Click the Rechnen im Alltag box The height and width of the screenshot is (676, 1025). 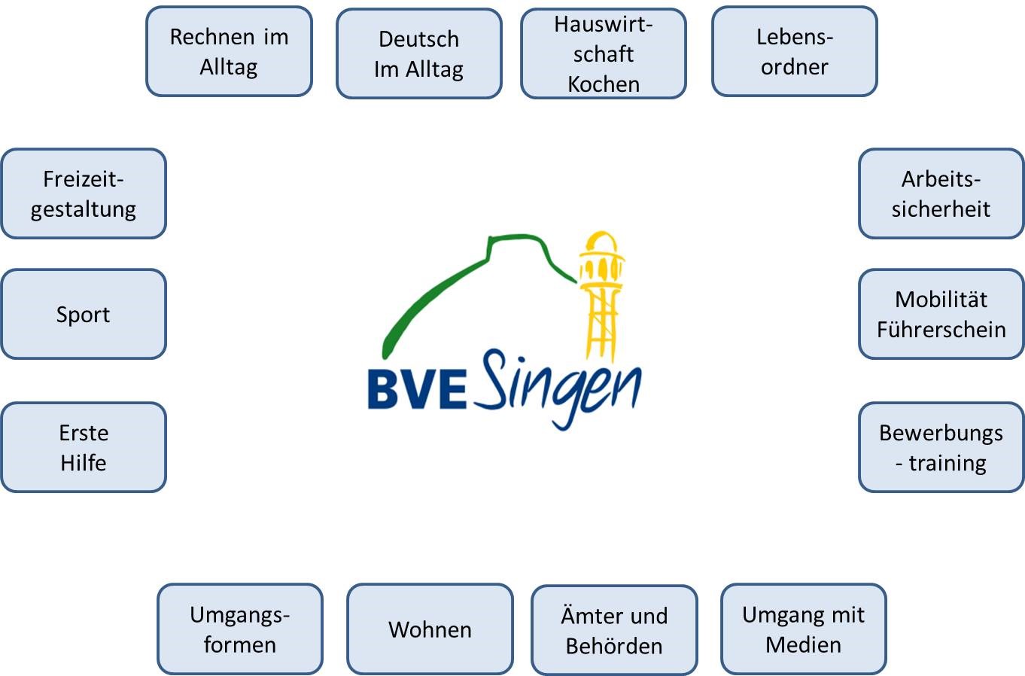tap(229, 51)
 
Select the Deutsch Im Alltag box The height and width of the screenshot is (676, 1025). tap(418, 53)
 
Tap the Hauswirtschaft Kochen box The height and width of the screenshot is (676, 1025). tap(603, 53)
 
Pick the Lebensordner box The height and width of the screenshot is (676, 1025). tap(794, 51)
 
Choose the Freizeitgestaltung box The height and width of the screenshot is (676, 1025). tap(83, 193)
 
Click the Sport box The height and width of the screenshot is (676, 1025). tap(83, 314)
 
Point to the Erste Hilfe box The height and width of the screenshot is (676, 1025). tap(83, 447)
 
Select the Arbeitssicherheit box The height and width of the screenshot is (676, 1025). tap(941, 193)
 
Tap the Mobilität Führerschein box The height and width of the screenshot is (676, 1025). tap(941, 314)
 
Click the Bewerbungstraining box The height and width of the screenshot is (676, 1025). tap(941, 447)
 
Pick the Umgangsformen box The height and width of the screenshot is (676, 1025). tap(239, 629)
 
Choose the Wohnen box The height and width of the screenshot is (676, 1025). tap(430, 629)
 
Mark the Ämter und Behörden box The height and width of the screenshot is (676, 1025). tap(614, 631)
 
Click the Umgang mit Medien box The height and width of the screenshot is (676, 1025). tap(803, 629)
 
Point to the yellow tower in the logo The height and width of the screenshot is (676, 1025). tap(601, 294)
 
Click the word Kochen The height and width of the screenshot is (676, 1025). tap(603, 84)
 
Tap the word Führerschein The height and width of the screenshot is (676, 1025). tap(941, 329)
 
